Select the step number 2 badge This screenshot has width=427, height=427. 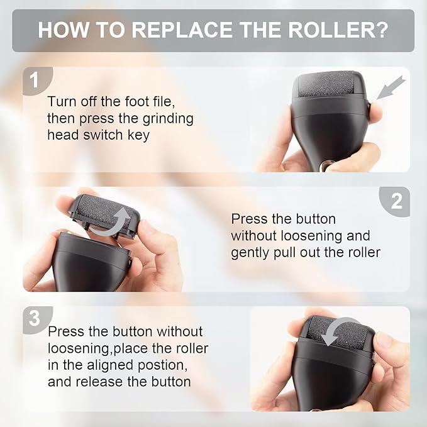(x=396, y=201)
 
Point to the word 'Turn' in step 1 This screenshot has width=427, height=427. (x=62, y=102)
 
